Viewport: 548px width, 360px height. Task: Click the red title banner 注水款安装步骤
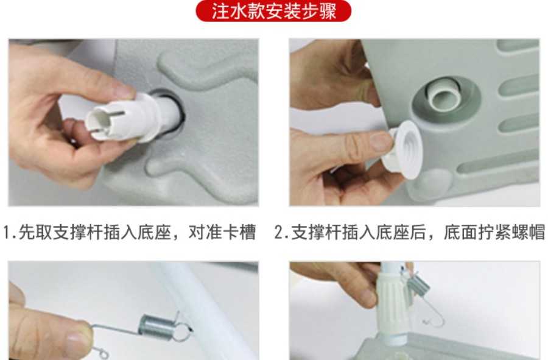pyautogui.click(x=273, y=11)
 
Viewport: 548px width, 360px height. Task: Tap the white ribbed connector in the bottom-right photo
pyautogui.click(x=393, y=303)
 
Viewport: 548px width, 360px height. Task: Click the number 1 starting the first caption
pyautogui.click(x=7, y=232)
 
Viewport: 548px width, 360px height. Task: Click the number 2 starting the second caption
pyautogui.click(x=278, y=232)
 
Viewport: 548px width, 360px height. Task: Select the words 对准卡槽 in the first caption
pyautogui.click(x=222, y=232)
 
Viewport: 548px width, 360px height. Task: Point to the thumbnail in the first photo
pyautogui.click(x=123, y=91)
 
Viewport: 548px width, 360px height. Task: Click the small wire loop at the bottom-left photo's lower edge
pyautogui.click(x=102, y=354)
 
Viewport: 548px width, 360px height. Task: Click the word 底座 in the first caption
pyautogui.click(x=155, y=232)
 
